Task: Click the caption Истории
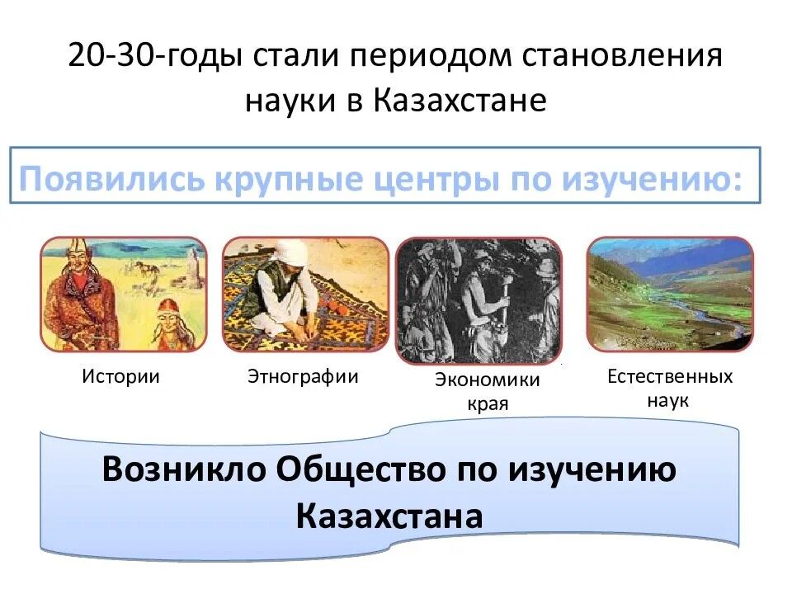coord(120,377)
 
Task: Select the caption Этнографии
coord(303,377)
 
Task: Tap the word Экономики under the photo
coord(487,379)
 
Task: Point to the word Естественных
coord(669,377)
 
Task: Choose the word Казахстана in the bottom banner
coord(389,516)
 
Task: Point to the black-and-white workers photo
coord(478,300)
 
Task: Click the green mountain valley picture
coord(669,294)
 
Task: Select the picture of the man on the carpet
coord(305,294)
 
